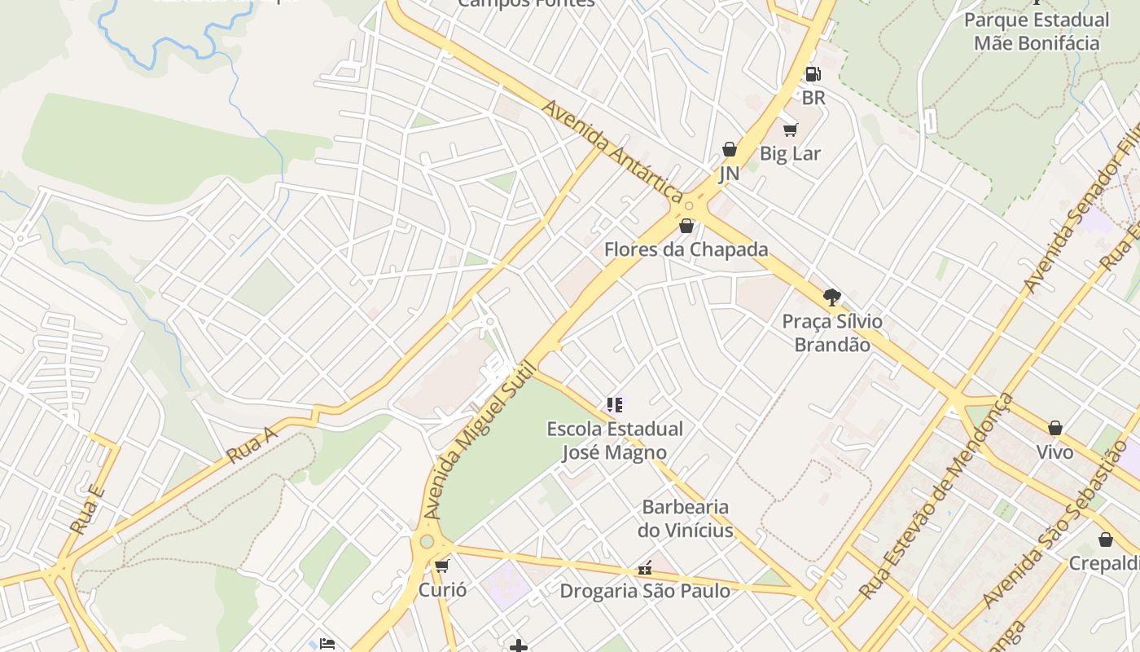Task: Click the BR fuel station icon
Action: click(x=812, y=74)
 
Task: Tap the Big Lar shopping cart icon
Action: click(x=790, y=130)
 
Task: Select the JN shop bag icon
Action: click(x=730, y=149)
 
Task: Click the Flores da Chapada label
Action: click(x=686, y=249)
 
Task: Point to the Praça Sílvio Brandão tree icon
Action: click(x=831, y=297)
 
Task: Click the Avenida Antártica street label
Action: click(x=612, y=152)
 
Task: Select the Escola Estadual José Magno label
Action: click(x=615, y=440)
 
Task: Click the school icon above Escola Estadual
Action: click(x=615, y=404)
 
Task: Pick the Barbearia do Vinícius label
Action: click(x=686, y=519)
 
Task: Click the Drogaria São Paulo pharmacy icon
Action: click(x=645, y=568)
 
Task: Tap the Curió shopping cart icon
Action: click(x=442, y=566)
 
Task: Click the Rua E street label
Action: click(x=87, y=510)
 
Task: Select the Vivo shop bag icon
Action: click(x=1055, y=428)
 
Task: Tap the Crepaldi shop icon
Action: click(x=1106, y=540)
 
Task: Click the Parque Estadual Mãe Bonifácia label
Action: click(x=1036, y=31)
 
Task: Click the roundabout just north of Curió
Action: click(x=427, y=541)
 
